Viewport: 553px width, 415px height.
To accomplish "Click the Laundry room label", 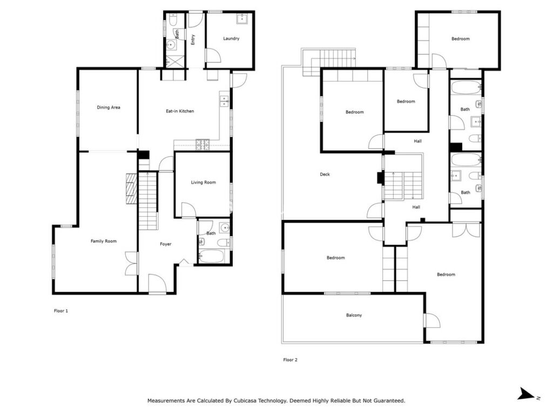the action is click(231, 38).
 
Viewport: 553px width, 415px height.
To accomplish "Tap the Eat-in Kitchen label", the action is click(180, 111).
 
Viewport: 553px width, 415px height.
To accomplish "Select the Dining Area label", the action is click(108, 108).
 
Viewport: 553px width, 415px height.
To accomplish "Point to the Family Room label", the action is click(103, 241).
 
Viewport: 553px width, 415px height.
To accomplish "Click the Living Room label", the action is click(203, 183).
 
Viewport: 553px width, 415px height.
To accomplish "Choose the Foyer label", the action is click(165, 244).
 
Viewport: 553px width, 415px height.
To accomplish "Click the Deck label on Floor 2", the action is click(325, 175).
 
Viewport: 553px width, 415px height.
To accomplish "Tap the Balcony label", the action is click(354, 315).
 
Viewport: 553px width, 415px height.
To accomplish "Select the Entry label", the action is click(193, 39).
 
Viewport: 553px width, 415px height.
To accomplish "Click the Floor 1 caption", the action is click(60, 311).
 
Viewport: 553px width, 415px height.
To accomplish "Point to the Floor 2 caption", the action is click(290, 360).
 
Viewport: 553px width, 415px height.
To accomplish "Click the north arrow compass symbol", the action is click(528, 394).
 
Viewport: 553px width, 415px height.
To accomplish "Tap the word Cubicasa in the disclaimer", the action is click(245, 400).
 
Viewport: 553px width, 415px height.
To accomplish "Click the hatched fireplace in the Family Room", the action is click(131, 189).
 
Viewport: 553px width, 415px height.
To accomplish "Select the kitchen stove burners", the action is click(203, 144).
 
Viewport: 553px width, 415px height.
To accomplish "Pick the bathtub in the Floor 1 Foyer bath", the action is click(211, 256).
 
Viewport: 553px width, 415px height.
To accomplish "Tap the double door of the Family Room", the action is click(131, 264).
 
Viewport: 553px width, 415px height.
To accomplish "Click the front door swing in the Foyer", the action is click(157, 283).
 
